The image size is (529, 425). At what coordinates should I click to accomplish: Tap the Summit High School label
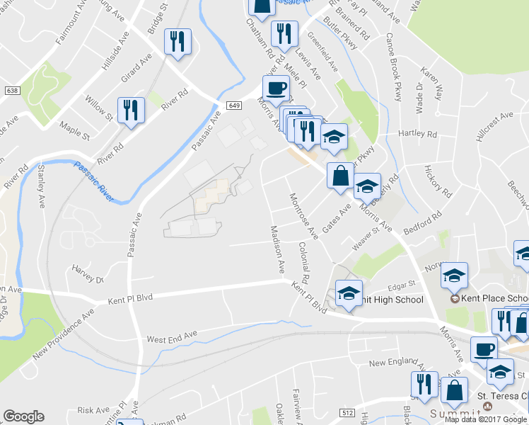pos(393,300)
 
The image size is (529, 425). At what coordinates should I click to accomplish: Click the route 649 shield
pos(235,105)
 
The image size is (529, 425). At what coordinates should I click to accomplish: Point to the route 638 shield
pos(11,91)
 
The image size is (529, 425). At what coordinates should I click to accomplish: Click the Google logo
pos(23,416)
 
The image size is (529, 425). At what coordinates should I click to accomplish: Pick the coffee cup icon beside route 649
pos(276,88)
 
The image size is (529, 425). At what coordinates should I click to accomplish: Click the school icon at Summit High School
pos(349,293)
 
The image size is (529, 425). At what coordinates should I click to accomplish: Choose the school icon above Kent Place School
pos(453,276)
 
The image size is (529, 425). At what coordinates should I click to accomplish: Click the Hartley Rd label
pos(418,134)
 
